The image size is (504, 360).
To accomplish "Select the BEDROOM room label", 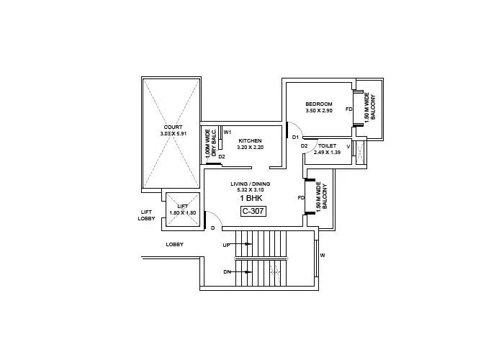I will tap(318, 104).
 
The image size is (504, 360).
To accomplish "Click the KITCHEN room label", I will tap(250, 140).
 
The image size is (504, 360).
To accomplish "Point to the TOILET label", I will tap(327, 145).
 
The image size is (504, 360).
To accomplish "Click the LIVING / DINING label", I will tap(251, 184).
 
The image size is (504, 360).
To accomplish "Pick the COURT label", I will tap(173, 127).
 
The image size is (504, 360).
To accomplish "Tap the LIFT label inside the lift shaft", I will tap(183, 206).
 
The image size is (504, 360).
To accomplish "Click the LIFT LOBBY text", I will tap(147, 215).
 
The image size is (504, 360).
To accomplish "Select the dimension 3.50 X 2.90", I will tap(318, 111).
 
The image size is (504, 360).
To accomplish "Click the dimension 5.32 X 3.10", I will tap(251, 190).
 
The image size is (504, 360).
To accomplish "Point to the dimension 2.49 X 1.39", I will tap(327, 152).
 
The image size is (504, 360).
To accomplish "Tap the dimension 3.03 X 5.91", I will tap(173, 134).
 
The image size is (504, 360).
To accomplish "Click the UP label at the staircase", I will tap(226, 245).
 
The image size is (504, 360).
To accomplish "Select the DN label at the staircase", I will tap(226, 271).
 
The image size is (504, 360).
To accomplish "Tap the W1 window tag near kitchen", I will tap(227, 132).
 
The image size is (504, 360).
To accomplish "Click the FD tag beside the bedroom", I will tap(348, 109).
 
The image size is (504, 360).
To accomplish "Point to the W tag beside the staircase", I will tap(323, 255).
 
